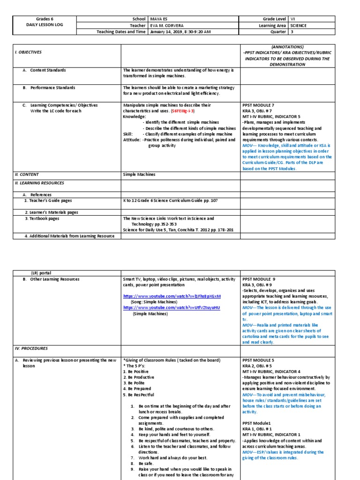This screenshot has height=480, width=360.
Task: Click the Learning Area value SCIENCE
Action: (x=298, y=26)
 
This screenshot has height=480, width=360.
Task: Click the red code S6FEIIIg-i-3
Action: (x=182, y=111)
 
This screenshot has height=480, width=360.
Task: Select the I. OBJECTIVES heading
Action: (x=27, y=52)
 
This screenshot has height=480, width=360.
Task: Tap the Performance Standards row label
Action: (x=52, y=87)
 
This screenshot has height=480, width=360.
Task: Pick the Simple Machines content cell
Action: (x=139, y=174)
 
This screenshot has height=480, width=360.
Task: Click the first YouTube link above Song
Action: (x=172, y=297)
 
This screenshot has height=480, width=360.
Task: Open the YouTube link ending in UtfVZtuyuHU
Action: (x=171, y=307)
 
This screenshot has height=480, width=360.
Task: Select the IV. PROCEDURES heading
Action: (x=30, y=349)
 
